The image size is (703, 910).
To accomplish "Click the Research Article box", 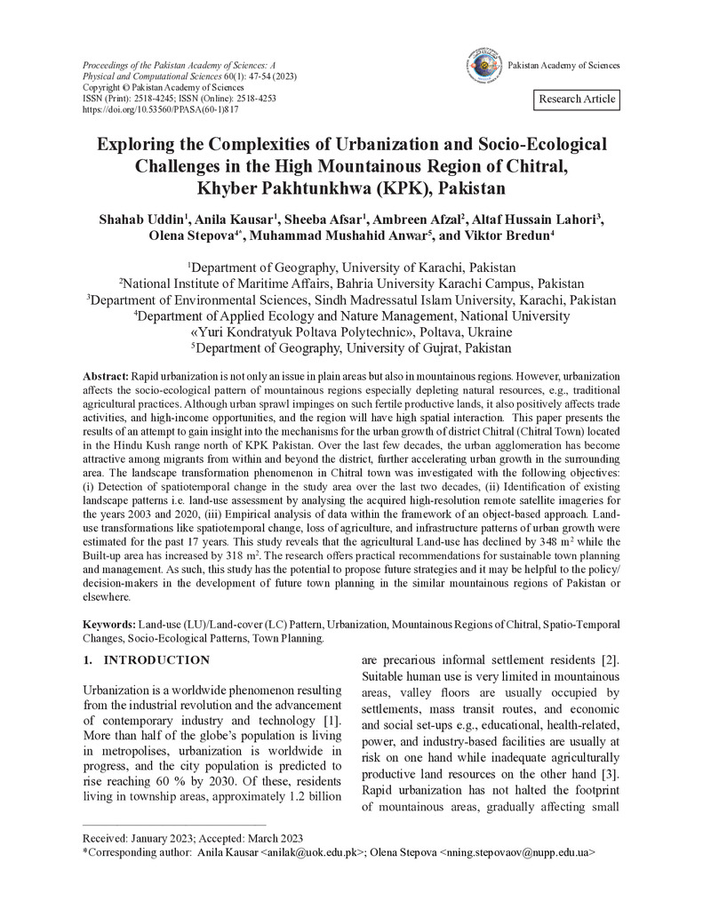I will click(x=577, y=99).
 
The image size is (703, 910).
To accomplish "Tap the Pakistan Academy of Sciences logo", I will click(x=483, y=66).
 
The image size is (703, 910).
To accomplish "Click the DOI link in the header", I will click(x=160, y=109).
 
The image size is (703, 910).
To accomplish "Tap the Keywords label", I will click(x=108, y=625).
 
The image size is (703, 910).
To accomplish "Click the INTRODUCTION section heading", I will click(x=156, y=660).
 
